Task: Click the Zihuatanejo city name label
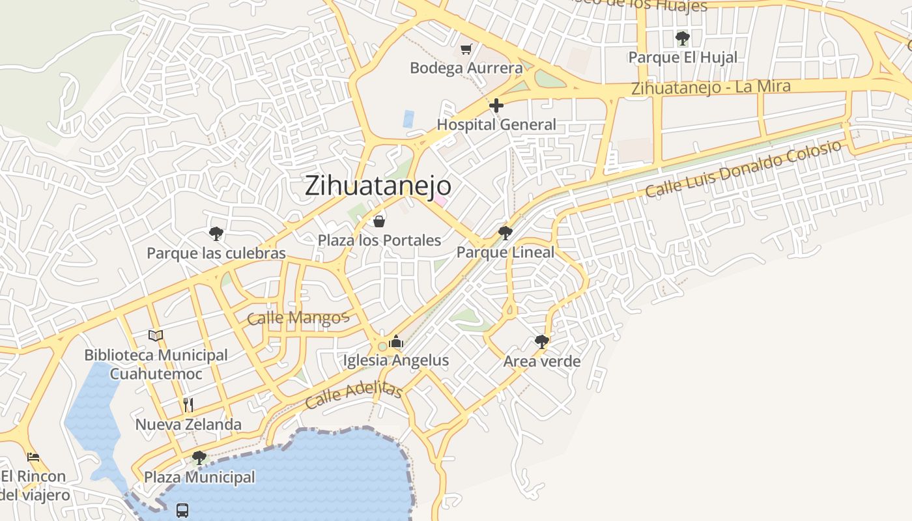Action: click(x=378, y=186)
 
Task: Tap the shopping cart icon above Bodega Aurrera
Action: click(x=466, y=49)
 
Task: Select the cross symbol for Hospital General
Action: click(x=496, y=105)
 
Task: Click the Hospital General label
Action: click(x=496, y=124)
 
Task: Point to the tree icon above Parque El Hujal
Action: click(x=682, y=38)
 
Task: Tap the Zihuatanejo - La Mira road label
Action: click(x=711, y=87)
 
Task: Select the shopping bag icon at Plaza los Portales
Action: click(x=378, y=221)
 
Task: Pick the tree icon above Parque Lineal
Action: click(x=505, y=232)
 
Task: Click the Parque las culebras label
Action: click(x=216, y=253)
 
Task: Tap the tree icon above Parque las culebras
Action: click(x=216, y=233)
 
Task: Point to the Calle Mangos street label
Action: click(x=298, y=318)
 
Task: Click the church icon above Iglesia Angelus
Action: click(x=396, y=341)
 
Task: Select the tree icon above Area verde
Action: click(x=541, y=341)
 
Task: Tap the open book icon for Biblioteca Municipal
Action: click(x=155, y=335)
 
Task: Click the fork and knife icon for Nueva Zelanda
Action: click(x=188, y=405)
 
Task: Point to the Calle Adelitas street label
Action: click(x=354, y=395)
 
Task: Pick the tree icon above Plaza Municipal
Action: click(x=199, y=457)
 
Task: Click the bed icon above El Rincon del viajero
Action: click(x=33, y=457)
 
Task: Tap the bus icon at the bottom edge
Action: click(x=182, y=510)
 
